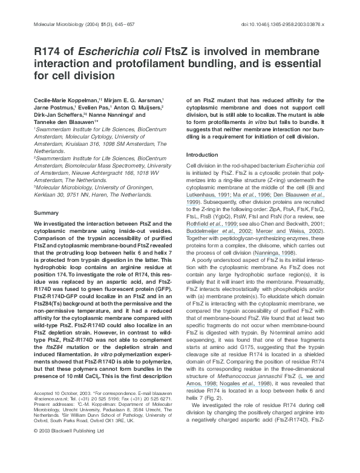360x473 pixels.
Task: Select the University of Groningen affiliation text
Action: [113, 189]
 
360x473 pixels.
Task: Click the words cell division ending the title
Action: [91, 77]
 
